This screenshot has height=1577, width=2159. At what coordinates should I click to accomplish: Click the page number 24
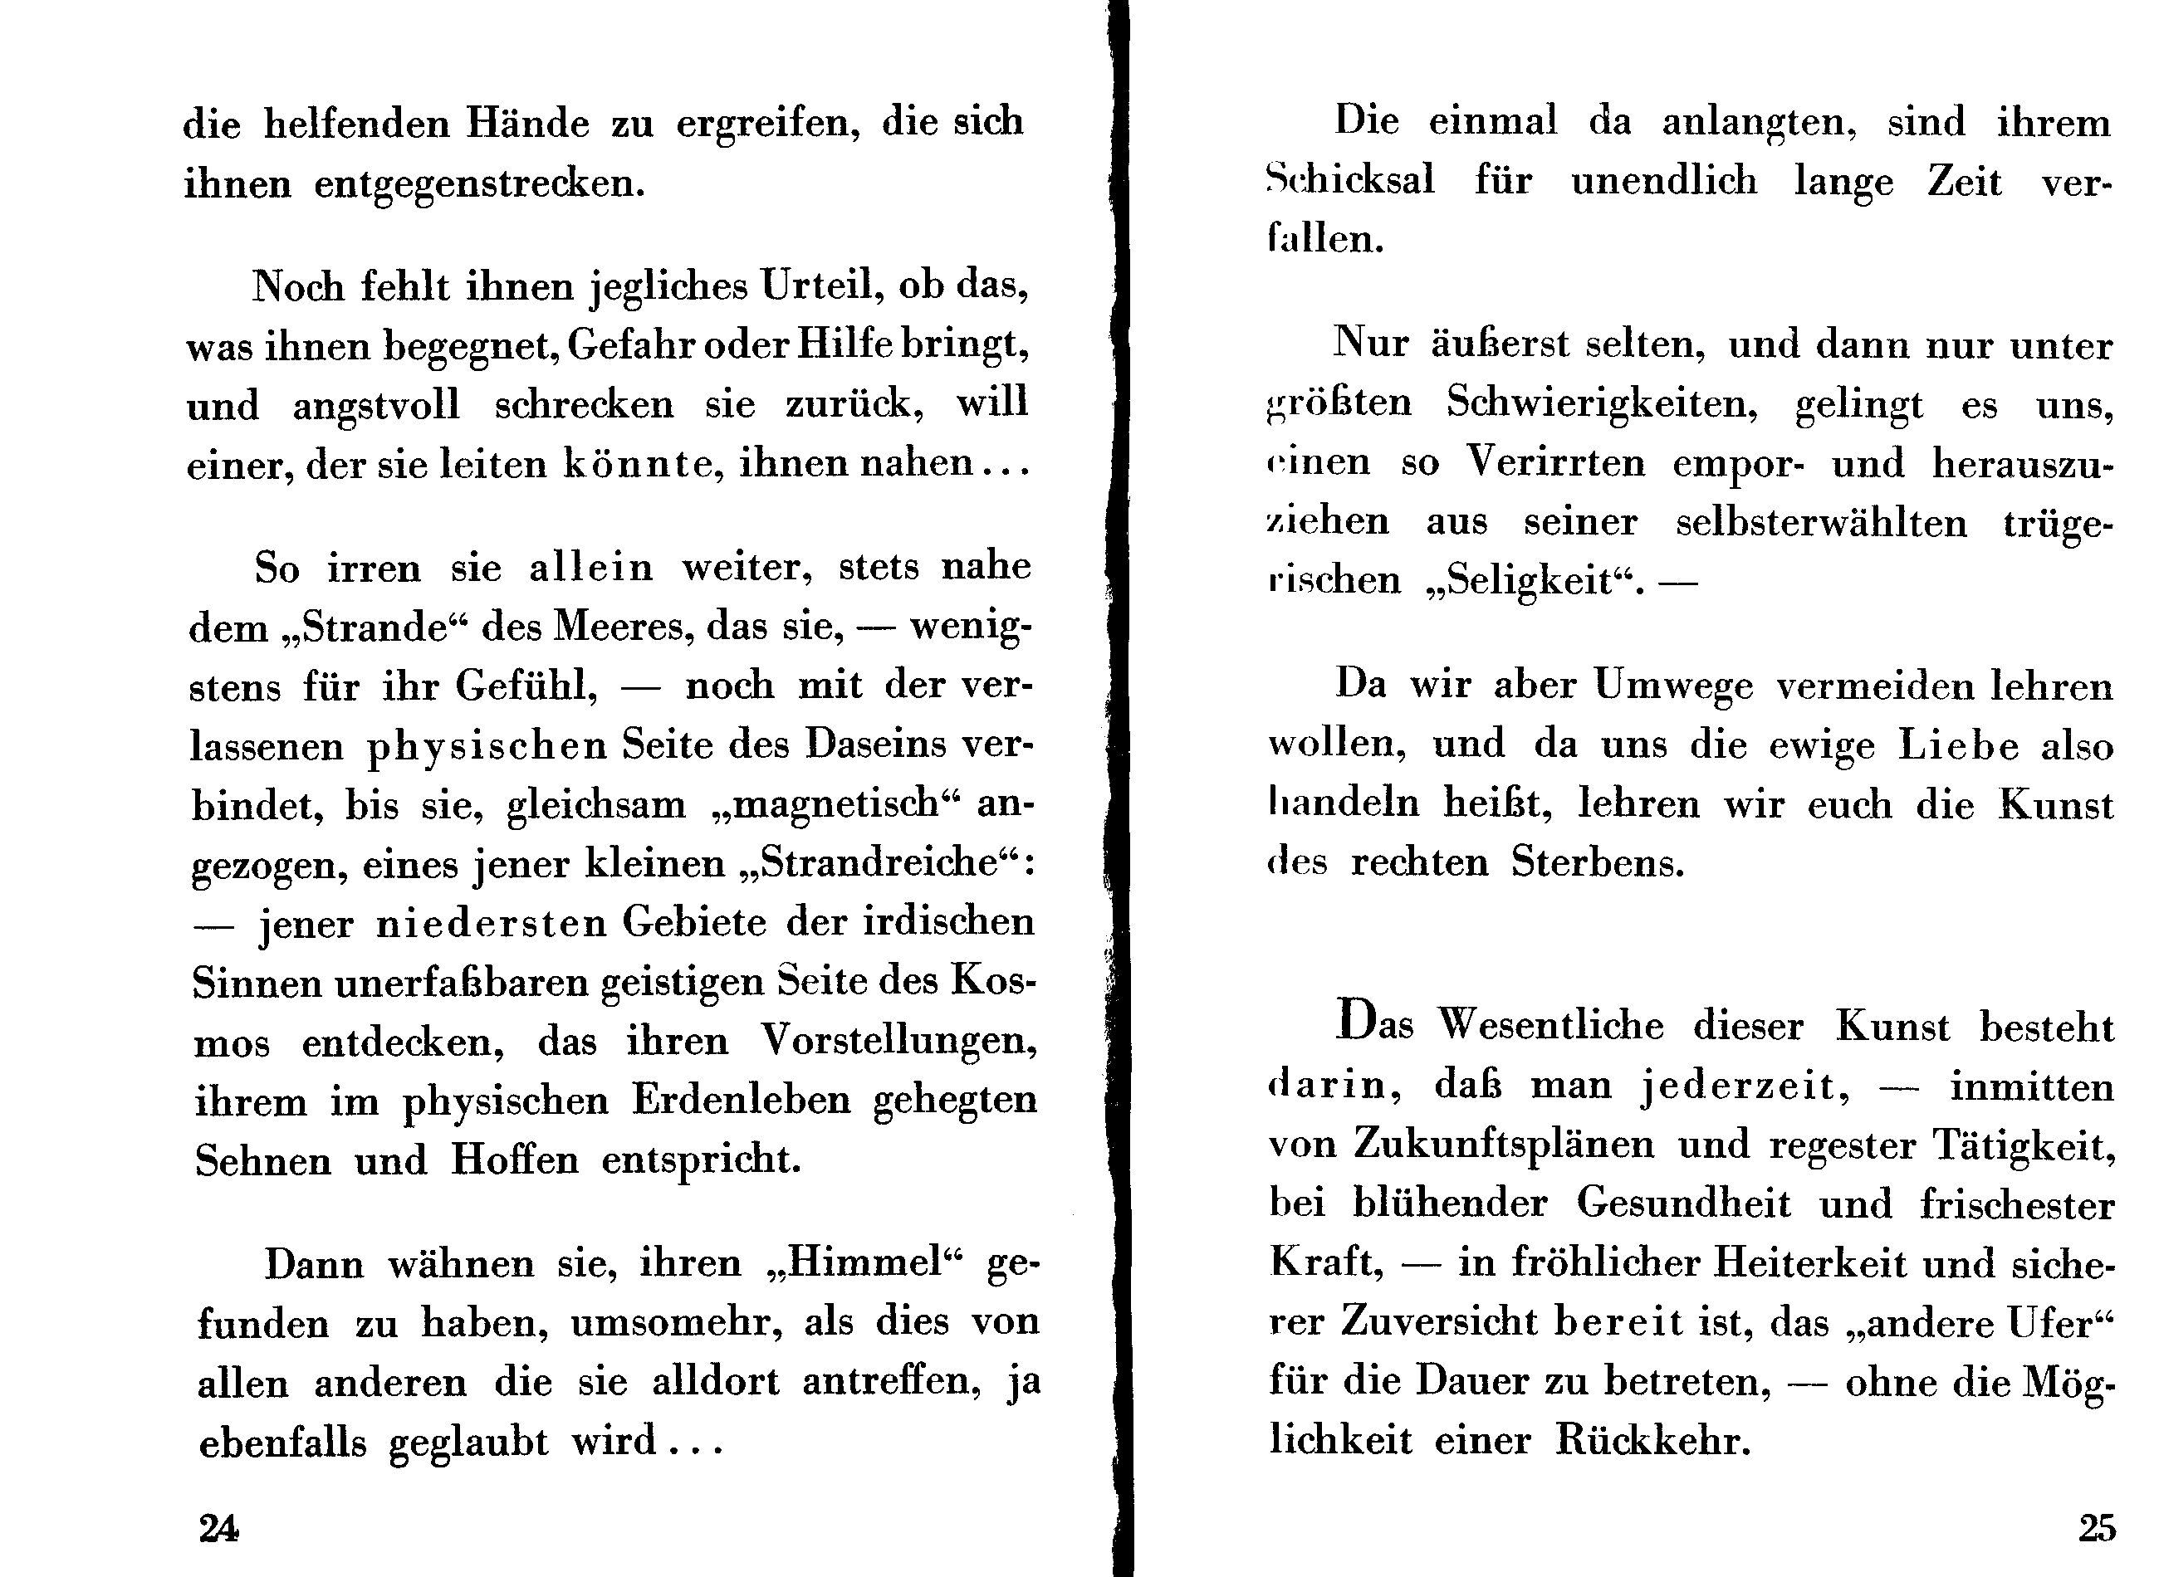click(218, 1528)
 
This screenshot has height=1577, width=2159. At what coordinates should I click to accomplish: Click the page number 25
click(2097, 1528)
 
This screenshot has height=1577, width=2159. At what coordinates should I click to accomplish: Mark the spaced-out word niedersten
click(491, 923)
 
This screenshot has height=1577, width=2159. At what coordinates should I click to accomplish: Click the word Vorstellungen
click(898, 1041)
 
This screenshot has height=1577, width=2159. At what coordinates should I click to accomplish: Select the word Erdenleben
click(741, 1101)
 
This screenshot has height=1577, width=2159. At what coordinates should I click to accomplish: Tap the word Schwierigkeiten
click(1601, 403)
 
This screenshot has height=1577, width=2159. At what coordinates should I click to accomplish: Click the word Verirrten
click(1555, 463)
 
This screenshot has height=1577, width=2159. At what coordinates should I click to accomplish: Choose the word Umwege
click(1673, 686)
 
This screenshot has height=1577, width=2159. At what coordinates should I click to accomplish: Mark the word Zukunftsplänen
click(1503, 1145)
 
